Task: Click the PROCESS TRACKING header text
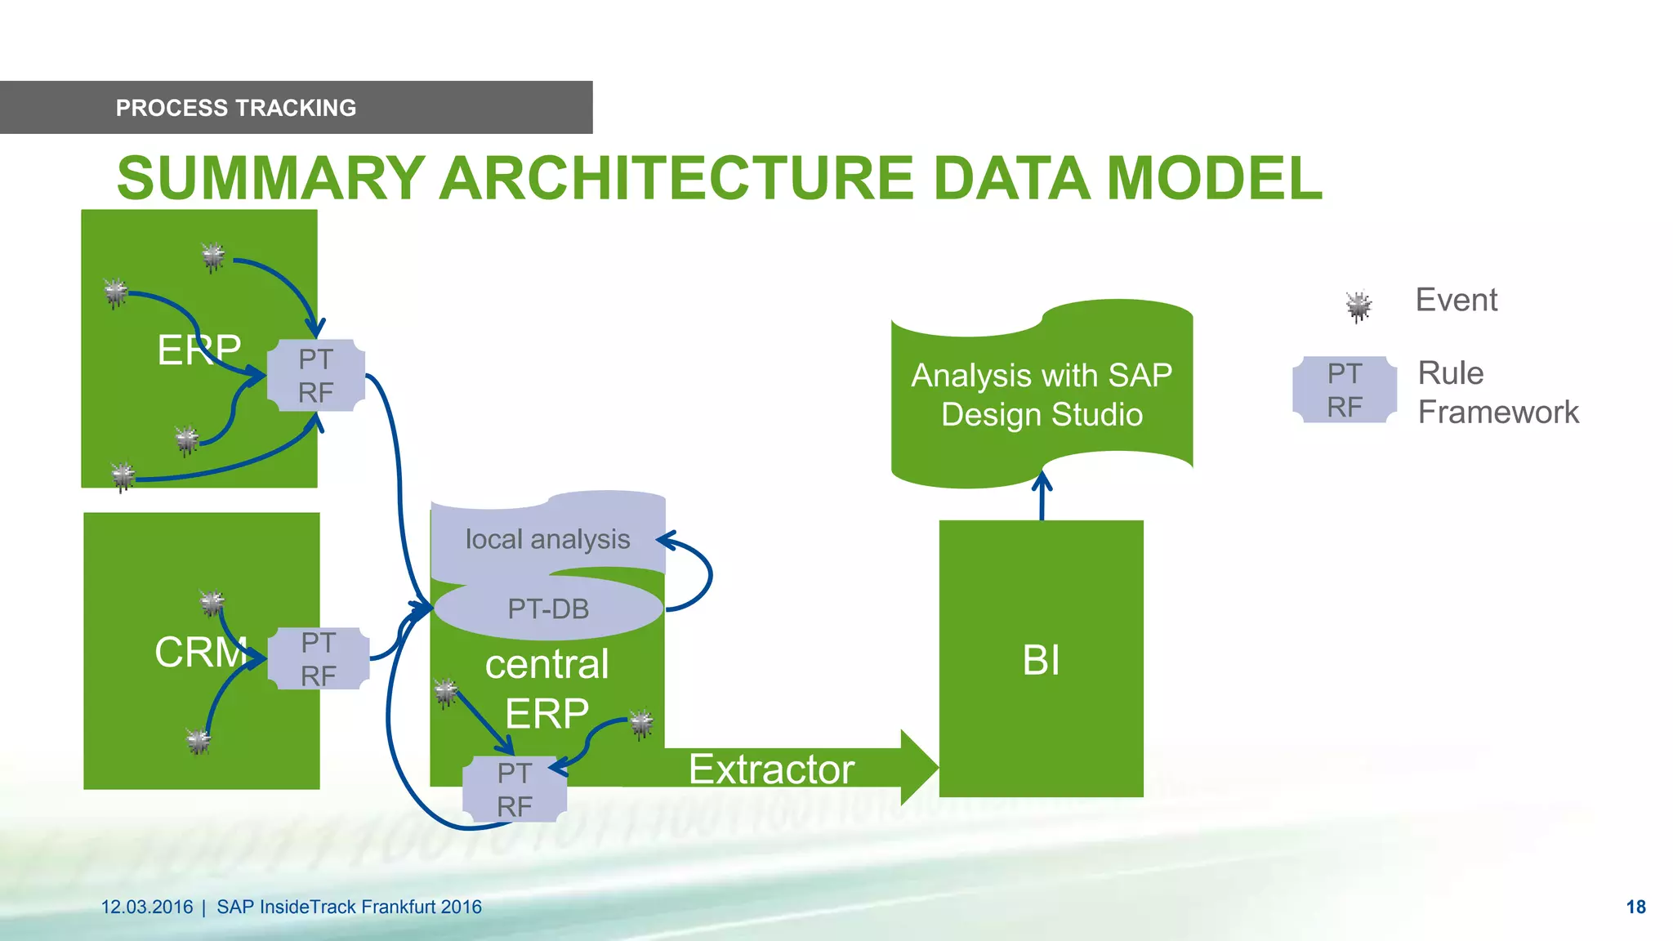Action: [x=235, y=108]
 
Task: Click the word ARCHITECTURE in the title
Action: [x=676, y=178]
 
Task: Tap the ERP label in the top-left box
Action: [x=199, y=350]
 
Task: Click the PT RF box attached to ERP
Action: [x=316, y=376]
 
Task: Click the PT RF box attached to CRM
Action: [x=319, y=658]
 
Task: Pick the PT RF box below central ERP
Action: [x=515, y=789]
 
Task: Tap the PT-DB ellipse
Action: [x=548, y=609]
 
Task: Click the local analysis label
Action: [x=547, y=539]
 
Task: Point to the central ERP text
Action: [x=547, y=688]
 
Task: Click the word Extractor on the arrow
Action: [x=771, y=769]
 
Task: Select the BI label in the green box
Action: [x=1041, y=660]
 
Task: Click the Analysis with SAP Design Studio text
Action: [x=1042, y=395]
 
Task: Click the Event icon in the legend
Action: [x=1358, y=306]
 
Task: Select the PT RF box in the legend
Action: [x=1345, y=390]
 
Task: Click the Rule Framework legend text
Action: [x=1497, y=393]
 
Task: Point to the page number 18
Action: [x=1635, y=907]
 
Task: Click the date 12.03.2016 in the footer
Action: [x=147, y=907]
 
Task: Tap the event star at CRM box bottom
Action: [x=199, y=741]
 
